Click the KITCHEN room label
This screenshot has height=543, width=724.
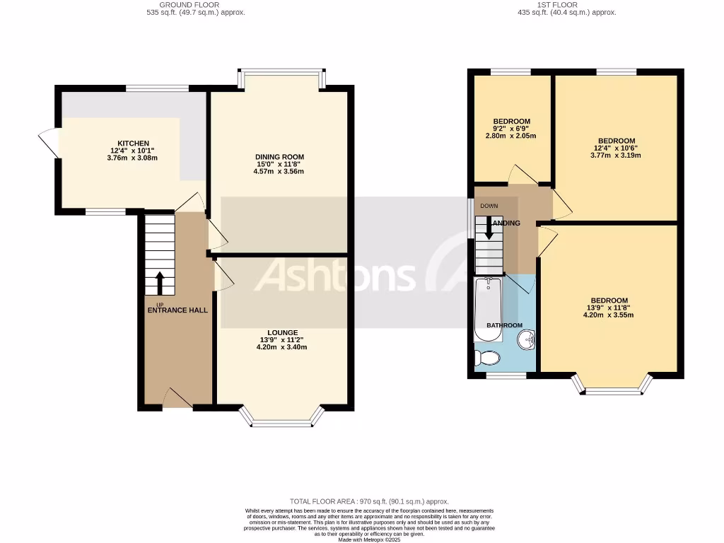pyautogui.click(x=134, y=144)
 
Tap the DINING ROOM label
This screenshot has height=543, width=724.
pyautogui.click(x=280, y=157)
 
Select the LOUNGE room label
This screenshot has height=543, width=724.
pyautogui.click(x=282, y=332)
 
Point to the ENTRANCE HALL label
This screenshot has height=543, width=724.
pyautogui.click(x=177, y=310)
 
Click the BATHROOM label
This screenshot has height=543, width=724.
pyautogui.click(x=504, y=325)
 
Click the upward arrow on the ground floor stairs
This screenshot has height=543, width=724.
pyautogui.click(x=159, y=282)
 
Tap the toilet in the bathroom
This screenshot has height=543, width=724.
pyautogui.click(x=487, y=358)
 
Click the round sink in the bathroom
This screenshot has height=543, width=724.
pyautogui.click(x=525, y=341)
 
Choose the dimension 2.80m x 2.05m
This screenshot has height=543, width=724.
pyautogui.click(x=511, y=136)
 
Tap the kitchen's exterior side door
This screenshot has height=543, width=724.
pyautogui.click(x=49, y=142)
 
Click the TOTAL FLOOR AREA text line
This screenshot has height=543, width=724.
pyautogui.click(x=368, y=501)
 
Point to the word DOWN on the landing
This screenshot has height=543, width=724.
pyautogui.click(x=489, y=206)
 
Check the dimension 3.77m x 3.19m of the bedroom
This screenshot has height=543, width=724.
pyautogui.click(x=615, y=156)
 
